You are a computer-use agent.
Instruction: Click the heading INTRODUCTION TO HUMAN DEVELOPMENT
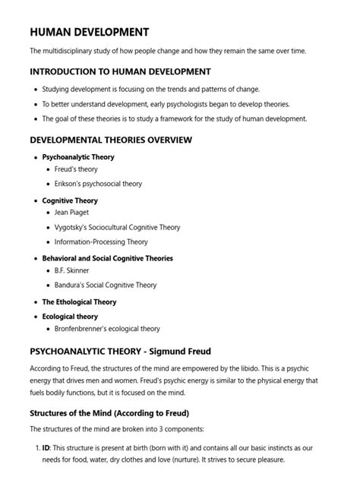(x=120, y=71)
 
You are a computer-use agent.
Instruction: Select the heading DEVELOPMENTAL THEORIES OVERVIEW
(x=110, y=141)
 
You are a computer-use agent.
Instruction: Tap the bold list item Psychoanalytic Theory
(x=78, y=156)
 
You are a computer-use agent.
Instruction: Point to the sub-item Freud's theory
(x=76, y=169)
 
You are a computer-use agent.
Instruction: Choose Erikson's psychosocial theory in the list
(x=98, y=184)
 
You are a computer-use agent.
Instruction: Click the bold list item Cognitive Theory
(x=70, y=201)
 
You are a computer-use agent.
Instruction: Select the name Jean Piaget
(x=72, y=213)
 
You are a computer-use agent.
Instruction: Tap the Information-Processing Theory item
(x=102, y=242)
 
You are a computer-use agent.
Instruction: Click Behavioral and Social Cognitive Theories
(x=107, y=258)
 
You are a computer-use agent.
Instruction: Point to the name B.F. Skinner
(x=74, y=271)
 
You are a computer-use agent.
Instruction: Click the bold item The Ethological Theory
(x=79, y=302)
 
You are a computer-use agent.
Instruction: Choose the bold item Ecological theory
(x=70, y=316)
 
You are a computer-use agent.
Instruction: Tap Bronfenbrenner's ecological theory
(x=107, y=329)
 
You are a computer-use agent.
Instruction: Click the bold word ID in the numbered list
(x=46, y=448)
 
